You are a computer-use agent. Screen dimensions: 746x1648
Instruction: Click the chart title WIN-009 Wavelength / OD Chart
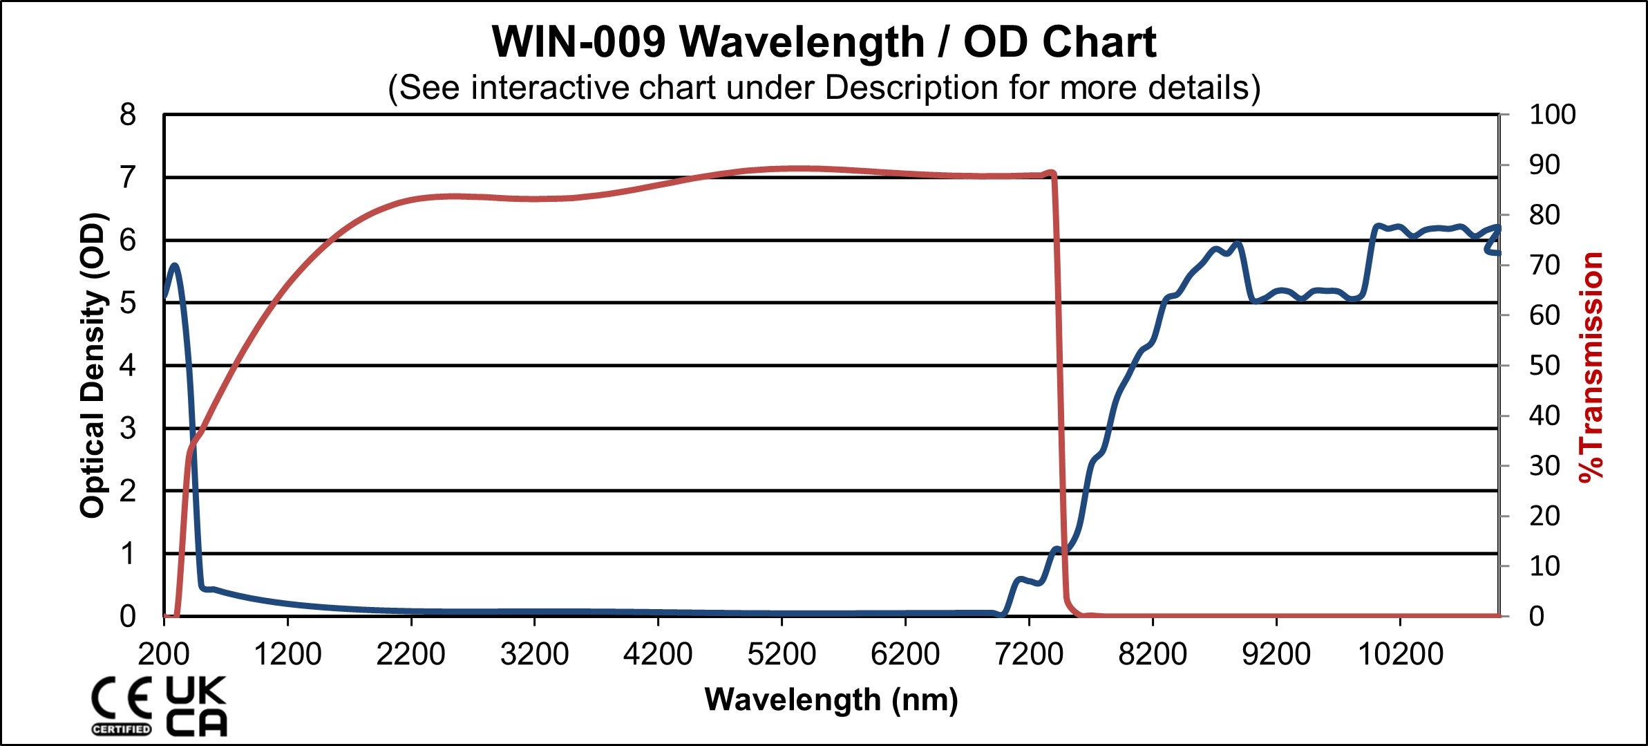(x=824, y=43)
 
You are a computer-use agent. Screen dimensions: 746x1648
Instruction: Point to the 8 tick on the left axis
(x=128, y=115)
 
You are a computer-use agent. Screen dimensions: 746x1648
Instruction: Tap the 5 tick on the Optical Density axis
(x=128, y=303)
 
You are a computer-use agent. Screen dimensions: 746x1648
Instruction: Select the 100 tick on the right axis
(x=1552, y=115)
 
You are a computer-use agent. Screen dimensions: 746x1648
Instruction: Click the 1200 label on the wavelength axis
(x=287, y=654)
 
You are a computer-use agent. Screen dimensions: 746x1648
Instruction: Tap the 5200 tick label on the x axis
(x=782, y=654)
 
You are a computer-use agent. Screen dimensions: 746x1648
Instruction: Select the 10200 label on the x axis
(x=1401, y=654)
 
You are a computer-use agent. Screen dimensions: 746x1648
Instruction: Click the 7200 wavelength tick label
(x=1029, y=654)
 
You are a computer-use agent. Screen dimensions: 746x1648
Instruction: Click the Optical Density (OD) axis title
(x=93, y=365)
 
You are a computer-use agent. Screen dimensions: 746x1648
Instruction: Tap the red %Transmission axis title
(x=1591, y=366)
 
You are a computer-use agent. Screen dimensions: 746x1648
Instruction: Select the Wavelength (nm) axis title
(x=831, y=700)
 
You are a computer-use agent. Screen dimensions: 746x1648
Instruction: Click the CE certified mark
(x=122, y=705)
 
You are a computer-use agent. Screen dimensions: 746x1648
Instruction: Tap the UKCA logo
(x=196, y=705)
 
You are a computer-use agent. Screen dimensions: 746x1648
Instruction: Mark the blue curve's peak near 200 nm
(x=174, y=265)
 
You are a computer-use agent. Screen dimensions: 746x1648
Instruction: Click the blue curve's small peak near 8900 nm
(x=1238, y=243)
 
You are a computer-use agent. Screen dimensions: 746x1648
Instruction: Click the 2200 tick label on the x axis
(x=410, y=654)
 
